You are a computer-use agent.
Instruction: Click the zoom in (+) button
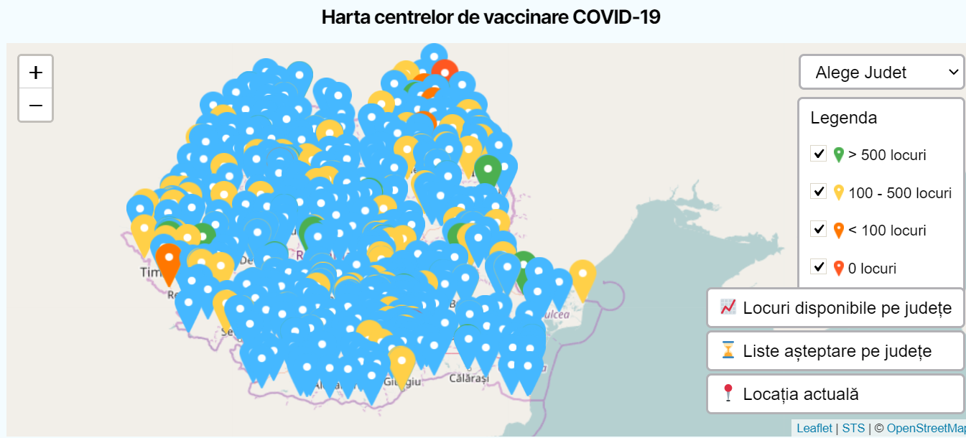[x=35, y=73]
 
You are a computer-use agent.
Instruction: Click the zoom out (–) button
[x=35, y=106]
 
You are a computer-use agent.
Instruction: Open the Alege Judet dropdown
[x=881, y=73]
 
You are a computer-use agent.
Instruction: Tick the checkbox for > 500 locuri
[x=818, y=154]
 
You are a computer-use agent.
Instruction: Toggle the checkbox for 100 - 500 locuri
[x=818, y=192]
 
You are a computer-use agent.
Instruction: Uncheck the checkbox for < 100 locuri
[x=818, y=229]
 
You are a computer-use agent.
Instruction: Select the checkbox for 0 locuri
[x=818, y=267]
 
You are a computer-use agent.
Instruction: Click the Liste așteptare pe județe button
[x=836, y=351]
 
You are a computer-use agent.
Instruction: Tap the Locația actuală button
[x=836, y=394]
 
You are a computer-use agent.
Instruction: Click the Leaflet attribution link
[x=814, y=429]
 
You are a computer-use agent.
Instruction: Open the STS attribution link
[x=853, y=429]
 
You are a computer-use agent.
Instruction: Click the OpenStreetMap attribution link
[x=926, y=429]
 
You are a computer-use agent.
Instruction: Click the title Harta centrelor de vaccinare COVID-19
[x=491, y=17]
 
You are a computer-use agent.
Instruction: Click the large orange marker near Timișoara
[x=169, y=263]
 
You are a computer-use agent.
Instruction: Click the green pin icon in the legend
[x=838, y=154]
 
